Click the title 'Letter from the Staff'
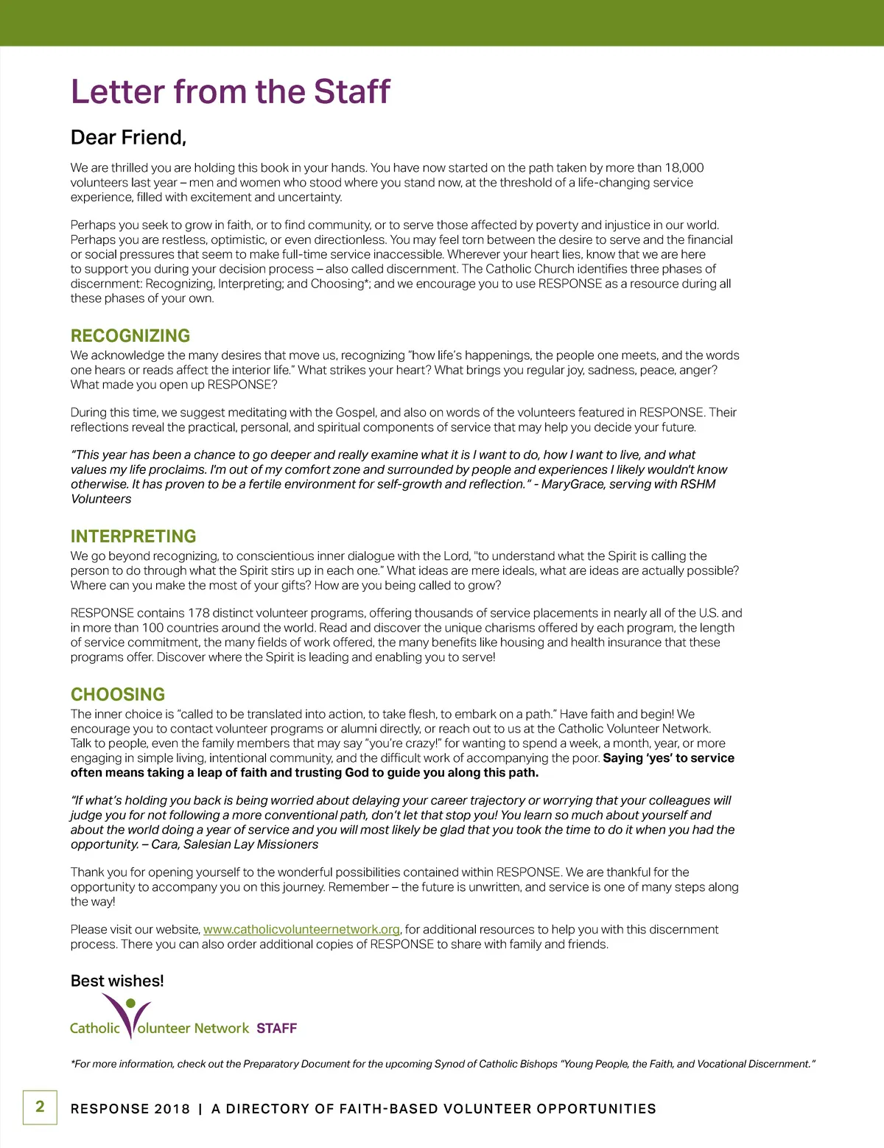[x=230, y=92]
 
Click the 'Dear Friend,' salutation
[x=128, y=138]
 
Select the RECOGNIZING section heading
[x=130, y=336]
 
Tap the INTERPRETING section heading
[x=133, y=536]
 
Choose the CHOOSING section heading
[x=118, y=695]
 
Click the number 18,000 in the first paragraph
[x=684, y=168]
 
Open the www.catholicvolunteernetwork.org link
[x=301, y=930]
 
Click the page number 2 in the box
[x=40, y=1107]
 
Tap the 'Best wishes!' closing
[x=117, y=981]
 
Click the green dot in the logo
[x=131, y=1003]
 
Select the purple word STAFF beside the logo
[x=276, y=1029]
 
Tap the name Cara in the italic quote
[x=164, y=844]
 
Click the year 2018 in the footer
[x=172, y=1109]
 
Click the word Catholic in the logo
[x=94, y=1029]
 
